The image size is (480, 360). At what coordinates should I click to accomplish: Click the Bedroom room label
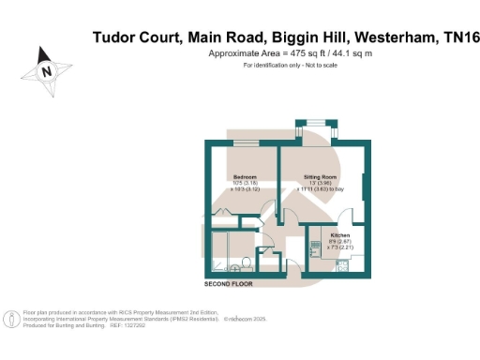coord(245,175)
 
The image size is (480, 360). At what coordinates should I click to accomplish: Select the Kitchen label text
coord(340,234)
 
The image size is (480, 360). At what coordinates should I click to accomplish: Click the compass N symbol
coord(46,69)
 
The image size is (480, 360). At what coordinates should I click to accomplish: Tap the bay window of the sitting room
coord(312,123)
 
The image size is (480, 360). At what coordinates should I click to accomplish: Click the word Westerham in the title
coord(392,37)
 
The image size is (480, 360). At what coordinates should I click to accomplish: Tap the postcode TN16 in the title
coord(457,37)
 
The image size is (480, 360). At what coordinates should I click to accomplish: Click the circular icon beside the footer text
coord(11,319)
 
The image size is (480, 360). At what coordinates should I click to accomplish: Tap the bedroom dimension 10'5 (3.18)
coord(245,183)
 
